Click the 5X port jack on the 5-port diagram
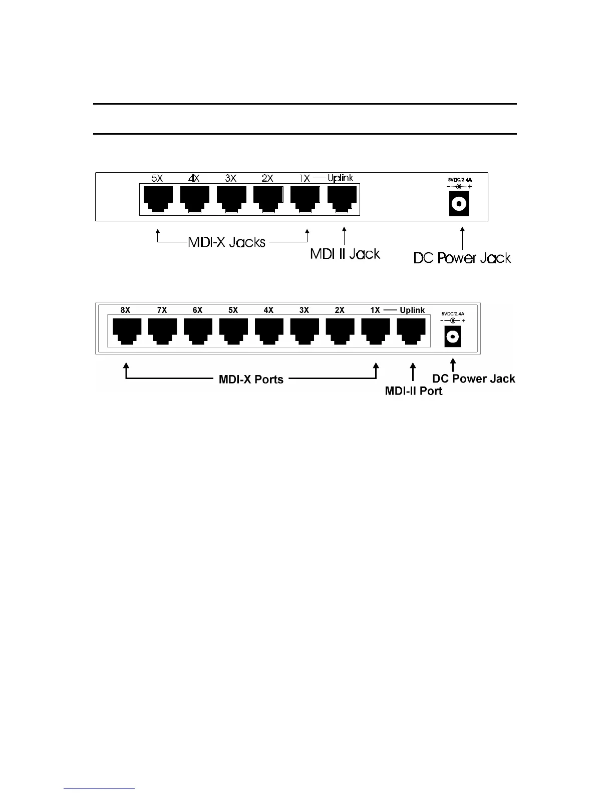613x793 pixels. [x=158, y=199]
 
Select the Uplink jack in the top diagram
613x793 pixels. [x=342, y=199]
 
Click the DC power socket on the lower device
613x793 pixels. [x=453, y=337]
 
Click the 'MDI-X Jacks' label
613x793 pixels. [x=226, y=242]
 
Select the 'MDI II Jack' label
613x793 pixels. [x=345, y=254]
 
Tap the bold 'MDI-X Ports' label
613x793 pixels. [x=251, y=379]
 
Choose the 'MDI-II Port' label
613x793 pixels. [x=413, y=391]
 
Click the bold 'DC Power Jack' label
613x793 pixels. [x=473, y=379]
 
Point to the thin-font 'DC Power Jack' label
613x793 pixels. [x=462, y=258]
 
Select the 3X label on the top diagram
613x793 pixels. [x=230, y=178]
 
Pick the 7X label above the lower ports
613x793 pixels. [x=162, y=310]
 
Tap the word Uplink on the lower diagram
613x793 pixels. [x=412, y=310]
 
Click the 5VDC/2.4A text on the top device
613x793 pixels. [x=459, y=179]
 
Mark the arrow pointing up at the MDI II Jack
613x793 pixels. [x=344, y=236]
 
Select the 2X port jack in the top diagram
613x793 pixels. [x=268, y=199]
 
